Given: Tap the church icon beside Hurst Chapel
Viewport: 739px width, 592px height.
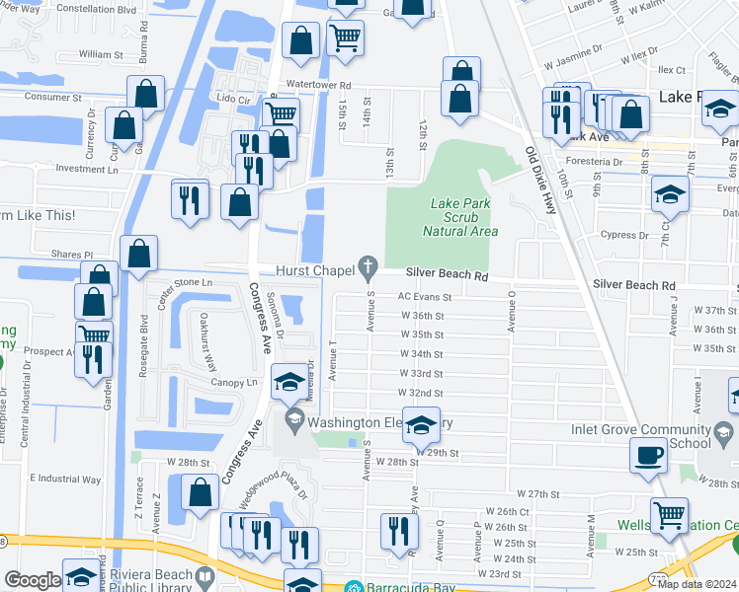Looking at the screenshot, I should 369,265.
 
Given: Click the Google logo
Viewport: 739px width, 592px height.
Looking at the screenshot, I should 33,580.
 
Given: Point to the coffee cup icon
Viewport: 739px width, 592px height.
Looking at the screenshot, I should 648,456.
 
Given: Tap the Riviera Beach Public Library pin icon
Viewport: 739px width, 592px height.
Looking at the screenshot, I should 205,575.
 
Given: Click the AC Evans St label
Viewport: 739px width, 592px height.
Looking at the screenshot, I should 424,296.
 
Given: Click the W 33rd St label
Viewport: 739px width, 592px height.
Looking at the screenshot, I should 421,374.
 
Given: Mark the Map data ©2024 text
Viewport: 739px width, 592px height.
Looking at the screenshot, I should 696,584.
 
